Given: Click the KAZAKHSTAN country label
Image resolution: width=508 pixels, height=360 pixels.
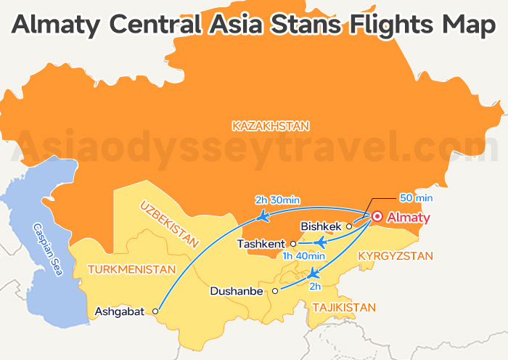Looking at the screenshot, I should click(x=271, y=126).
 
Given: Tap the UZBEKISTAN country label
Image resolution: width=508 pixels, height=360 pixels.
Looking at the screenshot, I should click(x=169, y=224).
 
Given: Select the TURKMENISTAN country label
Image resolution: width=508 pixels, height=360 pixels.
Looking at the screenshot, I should click(x=131, y=269).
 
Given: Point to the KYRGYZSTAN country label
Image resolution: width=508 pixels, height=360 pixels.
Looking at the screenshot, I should click(x=396, y=256).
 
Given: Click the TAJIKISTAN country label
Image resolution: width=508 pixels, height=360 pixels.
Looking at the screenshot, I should click(x=344, y=308).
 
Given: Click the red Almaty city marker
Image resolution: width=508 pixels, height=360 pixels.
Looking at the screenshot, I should click(x=377, y=217).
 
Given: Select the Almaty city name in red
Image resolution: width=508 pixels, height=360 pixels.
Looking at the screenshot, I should click(x=409, y=218).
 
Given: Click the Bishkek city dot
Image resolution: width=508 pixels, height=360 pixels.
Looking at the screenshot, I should click(x=349, y=226).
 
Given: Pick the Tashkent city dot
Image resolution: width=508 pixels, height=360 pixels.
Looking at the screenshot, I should click(x=293, y=245).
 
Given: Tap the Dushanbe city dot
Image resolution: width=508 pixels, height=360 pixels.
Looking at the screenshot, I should click(x=275, y=291).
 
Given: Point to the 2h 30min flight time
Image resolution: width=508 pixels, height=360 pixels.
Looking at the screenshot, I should click(x=278, y=200).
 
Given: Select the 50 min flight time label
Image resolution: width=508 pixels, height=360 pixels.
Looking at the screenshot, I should click(x=416, y=197).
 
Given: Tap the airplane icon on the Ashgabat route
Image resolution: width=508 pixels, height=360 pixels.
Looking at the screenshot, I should click(x=263, y=216).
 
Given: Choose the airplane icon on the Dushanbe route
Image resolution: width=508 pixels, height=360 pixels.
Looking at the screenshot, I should click(x=313, y=273).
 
